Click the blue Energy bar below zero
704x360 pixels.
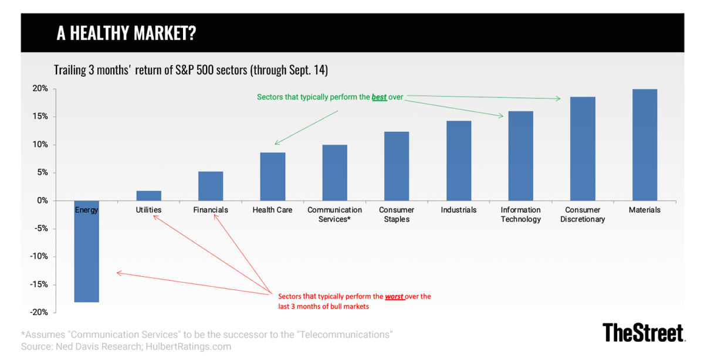tap(86, 258)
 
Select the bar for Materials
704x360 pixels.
tap(644, 145)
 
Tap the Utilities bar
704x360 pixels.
tap(148, 196)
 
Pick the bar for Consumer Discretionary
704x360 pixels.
tap(582, 149)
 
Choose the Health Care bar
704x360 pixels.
tap(272, 176)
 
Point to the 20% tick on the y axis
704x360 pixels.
tap(40, 89)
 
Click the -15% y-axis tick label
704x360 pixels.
tap(39, 285)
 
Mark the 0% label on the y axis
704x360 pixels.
tap(42, 201)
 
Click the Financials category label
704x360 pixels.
tap(211, 210)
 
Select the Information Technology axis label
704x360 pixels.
tap(520, 215)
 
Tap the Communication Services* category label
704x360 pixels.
tap(334, 215)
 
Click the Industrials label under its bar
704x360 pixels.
tap(458, 210)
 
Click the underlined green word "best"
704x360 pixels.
tap(379, 97)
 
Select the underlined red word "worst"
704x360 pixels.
tap(394, 297)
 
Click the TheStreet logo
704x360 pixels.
tap(643, 332)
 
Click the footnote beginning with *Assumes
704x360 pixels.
tap(207, 334)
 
